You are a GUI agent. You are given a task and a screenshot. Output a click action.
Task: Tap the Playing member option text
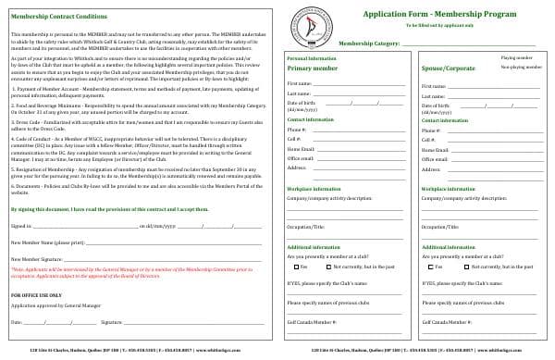517,57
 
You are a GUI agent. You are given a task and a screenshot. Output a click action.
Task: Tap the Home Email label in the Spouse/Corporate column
435,148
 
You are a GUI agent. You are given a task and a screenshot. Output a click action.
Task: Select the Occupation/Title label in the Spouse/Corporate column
440,226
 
